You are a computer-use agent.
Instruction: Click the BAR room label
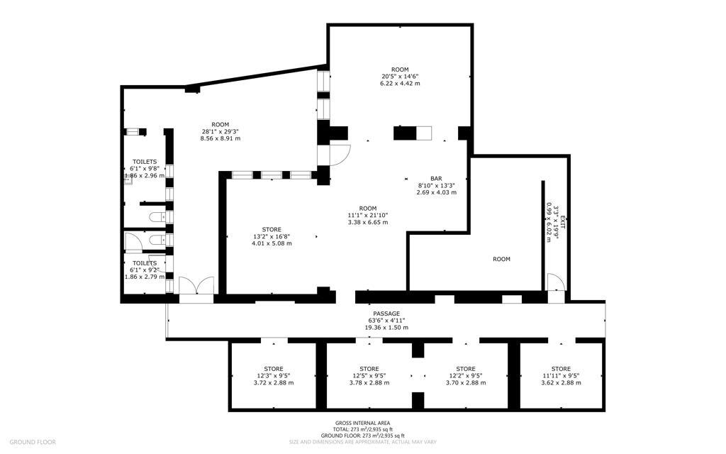point(436,178)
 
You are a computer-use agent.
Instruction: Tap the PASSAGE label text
point(386,314)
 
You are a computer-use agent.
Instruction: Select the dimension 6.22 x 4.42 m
point(400,84)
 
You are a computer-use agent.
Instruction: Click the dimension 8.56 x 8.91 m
point(220,139)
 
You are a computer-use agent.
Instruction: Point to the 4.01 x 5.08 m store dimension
point(272,243)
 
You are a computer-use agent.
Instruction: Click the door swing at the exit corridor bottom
point(556,283)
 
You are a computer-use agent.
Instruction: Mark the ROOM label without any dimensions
point(501,259)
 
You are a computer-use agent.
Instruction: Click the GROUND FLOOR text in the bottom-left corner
point(33,442)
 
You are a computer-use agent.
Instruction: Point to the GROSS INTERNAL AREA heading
point(362,423)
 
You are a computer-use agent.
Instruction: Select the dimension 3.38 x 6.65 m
point(367,222)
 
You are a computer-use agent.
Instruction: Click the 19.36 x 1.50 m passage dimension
point(386,328)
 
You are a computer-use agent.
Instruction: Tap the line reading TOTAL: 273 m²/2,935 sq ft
point(362,430)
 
